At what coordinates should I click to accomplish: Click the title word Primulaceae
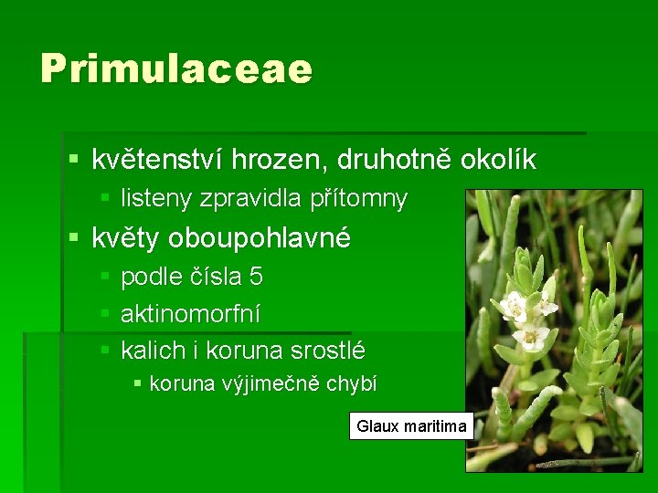click(x=175, y=69)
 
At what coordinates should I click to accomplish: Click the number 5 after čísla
click(x=255, y=276)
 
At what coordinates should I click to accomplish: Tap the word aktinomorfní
click(x=190, y=313)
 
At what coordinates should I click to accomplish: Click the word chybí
click(x=353, y=384)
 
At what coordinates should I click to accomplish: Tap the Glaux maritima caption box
click(x=411, y=426)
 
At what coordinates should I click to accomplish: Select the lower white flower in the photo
click(x=530, y=338)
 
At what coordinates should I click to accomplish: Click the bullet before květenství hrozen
click(x=74, y=161)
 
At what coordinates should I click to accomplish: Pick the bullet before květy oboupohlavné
click(x=74, y=239)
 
